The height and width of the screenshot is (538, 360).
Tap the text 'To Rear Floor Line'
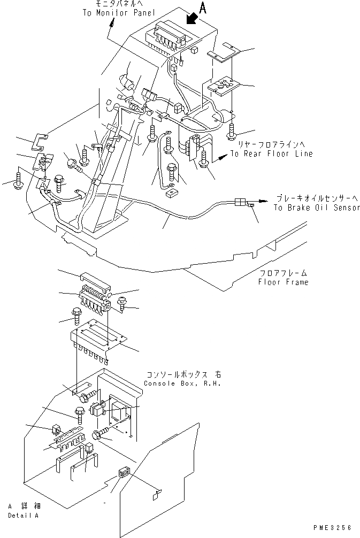tap(271, 153)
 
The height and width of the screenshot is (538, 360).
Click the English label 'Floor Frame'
tap(283, 282)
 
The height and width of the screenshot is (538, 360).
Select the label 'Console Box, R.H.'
tap(182, 384)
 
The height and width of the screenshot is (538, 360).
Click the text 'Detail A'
tap(24, 516)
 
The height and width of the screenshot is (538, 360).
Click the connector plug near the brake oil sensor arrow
tap(240, 202)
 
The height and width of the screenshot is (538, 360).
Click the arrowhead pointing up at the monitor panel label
tap(112, 22)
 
